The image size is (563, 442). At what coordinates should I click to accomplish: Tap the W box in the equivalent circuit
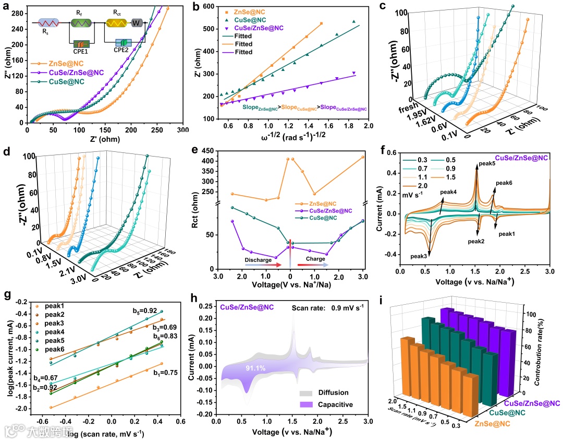137,23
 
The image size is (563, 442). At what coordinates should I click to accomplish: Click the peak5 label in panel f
486,163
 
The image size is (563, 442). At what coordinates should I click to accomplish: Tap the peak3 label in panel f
421,256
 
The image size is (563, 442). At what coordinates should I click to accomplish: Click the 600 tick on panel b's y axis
210,7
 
